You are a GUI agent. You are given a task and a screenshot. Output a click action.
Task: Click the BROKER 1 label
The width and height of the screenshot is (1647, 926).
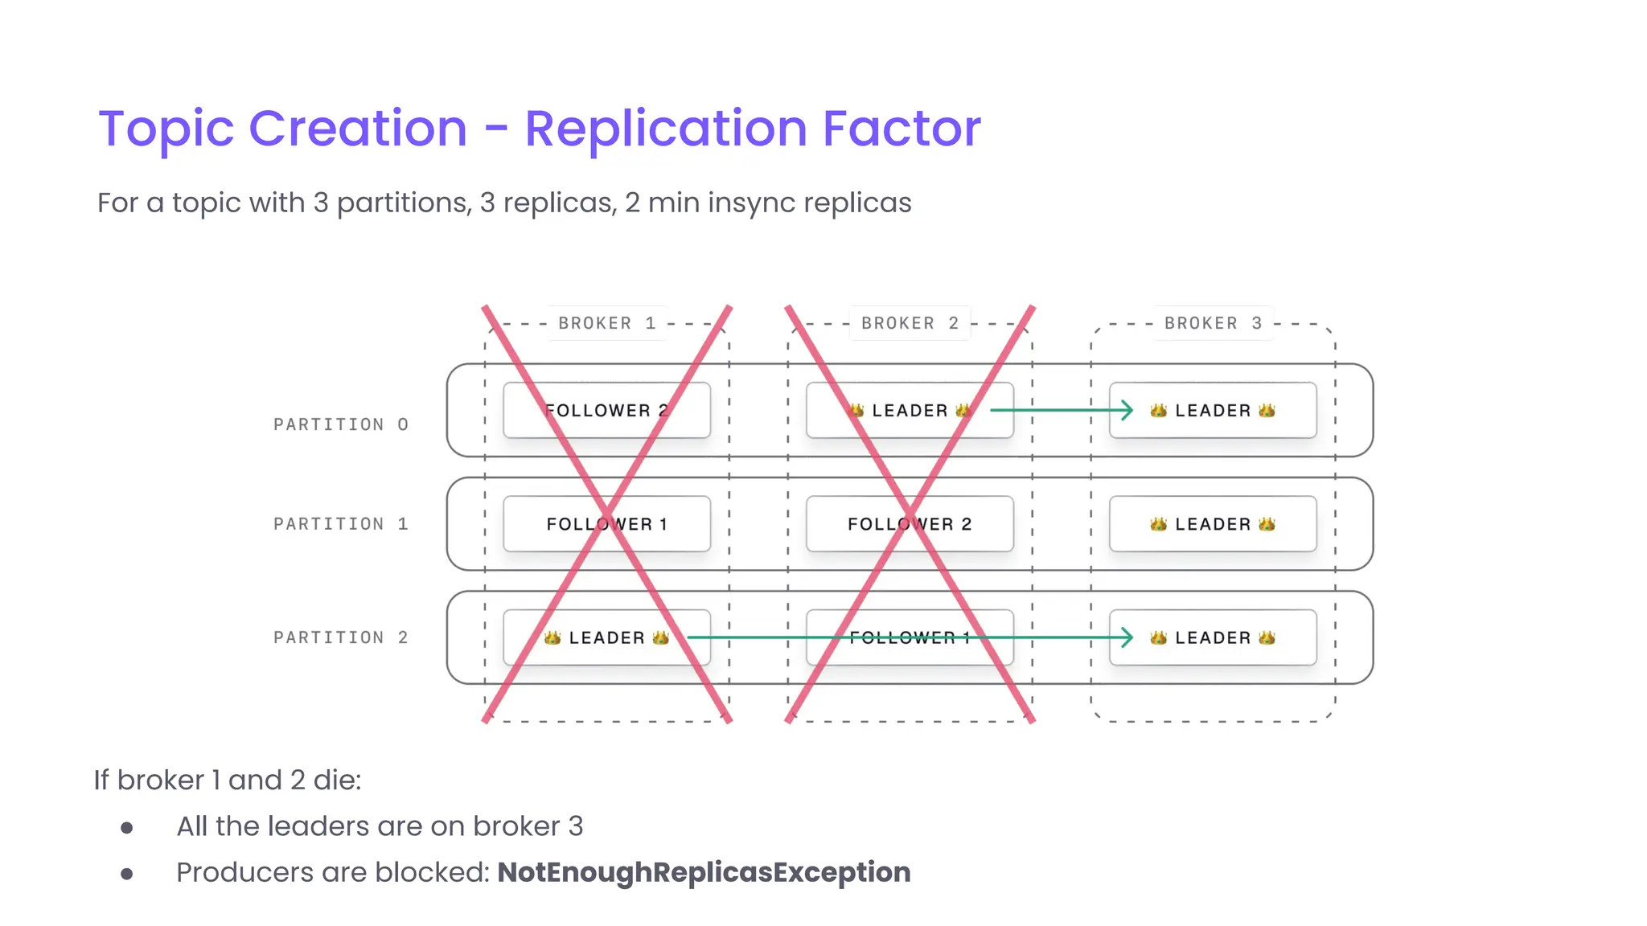[607, 323]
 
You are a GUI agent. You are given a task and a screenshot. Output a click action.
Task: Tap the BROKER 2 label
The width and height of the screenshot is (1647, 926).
[910, 323]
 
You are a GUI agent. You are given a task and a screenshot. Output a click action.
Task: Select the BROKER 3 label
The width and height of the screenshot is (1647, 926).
[1213, 323]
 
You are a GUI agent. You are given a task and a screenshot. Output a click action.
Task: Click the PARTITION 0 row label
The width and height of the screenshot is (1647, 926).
[341, 424]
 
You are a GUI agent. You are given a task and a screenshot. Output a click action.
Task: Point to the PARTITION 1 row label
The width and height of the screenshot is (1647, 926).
[341, 524]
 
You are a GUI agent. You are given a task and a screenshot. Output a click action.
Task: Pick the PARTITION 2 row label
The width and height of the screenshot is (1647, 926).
[341, 637]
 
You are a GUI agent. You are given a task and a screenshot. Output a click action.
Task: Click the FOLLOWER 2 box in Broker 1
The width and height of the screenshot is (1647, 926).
[606, 410]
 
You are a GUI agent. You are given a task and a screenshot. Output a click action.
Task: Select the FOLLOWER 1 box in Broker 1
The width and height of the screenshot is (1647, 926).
[606, 524]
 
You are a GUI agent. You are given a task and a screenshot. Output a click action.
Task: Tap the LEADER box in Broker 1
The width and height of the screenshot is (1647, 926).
[606, 637]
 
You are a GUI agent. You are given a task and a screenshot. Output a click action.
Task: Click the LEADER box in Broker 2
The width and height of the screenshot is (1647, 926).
[910, 410]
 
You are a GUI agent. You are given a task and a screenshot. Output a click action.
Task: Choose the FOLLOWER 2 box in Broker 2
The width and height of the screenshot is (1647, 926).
[910, 524]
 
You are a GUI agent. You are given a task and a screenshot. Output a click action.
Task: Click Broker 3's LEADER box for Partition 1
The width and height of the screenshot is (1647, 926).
[1213, 524]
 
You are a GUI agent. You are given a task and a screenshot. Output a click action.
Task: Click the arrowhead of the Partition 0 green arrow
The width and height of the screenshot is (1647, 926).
[1128, 410]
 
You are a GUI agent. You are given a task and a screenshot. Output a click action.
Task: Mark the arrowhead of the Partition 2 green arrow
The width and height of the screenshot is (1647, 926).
[1128, 637]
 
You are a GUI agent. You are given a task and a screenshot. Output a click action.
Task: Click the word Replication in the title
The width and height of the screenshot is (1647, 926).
[666, 129]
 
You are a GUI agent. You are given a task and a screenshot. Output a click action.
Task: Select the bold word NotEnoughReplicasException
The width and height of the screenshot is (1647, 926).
[704, 872]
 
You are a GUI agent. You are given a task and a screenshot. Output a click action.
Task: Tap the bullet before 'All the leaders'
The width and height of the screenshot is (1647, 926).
[127, 827]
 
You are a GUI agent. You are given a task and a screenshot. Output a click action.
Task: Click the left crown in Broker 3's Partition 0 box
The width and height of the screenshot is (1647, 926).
[1158, 410]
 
